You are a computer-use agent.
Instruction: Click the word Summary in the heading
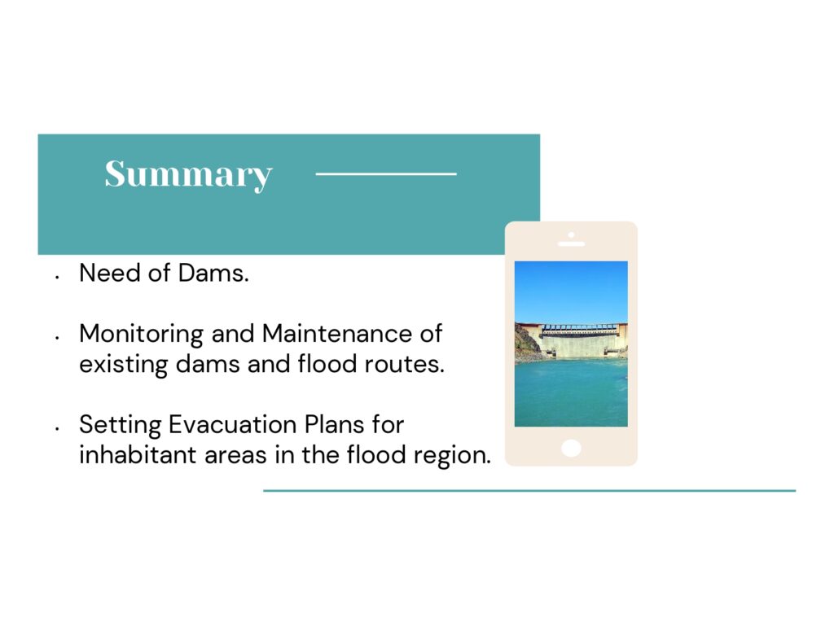point(188,174)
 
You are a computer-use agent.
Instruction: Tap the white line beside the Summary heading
point(386,173)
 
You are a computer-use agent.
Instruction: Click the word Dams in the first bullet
point(213,273)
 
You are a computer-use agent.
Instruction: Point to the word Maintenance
point(337,334)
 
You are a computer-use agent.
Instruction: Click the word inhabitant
point(138,454)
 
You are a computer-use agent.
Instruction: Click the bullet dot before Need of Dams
point(56,277)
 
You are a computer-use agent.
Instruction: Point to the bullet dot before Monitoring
point(56,337)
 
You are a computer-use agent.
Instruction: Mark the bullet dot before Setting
point(56,428)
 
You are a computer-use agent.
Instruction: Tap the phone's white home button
point(571,448)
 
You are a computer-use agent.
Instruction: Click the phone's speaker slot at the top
point(571,244)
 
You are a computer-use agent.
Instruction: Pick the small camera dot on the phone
point(571,234)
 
